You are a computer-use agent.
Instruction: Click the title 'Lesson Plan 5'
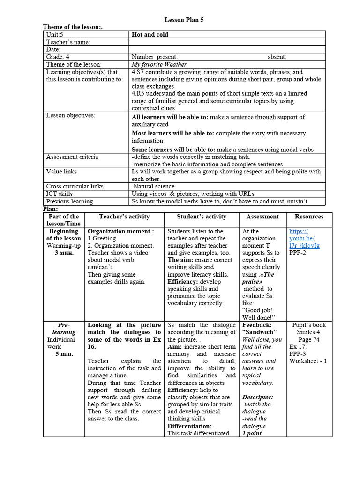point(184,20)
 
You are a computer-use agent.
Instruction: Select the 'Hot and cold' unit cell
point(150,35)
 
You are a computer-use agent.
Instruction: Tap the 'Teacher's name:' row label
point(68,42)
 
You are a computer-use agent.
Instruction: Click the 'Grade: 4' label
point(58,57)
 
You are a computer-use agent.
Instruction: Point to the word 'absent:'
point(277,57)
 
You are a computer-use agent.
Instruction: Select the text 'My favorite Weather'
point(159,64)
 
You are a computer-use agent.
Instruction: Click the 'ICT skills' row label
point(60,194)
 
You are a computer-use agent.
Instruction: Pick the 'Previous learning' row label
point(69,201)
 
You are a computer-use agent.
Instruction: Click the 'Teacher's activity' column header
point(124,217)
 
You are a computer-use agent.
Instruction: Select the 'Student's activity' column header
point(202,217)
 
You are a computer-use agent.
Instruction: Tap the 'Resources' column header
point(309,217)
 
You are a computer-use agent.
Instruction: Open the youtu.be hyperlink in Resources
point(305,239)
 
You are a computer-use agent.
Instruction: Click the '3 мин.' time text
point(64,253)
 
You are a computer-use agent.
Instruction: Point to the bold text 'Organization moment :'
point(120,231)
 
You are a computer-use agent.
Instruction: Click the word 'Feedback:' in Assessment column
point(256,325)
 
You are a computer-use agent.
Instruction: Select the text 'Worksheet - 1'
point(308,361)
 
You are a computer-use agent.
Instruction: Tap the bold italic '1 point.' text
point(253,434)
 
